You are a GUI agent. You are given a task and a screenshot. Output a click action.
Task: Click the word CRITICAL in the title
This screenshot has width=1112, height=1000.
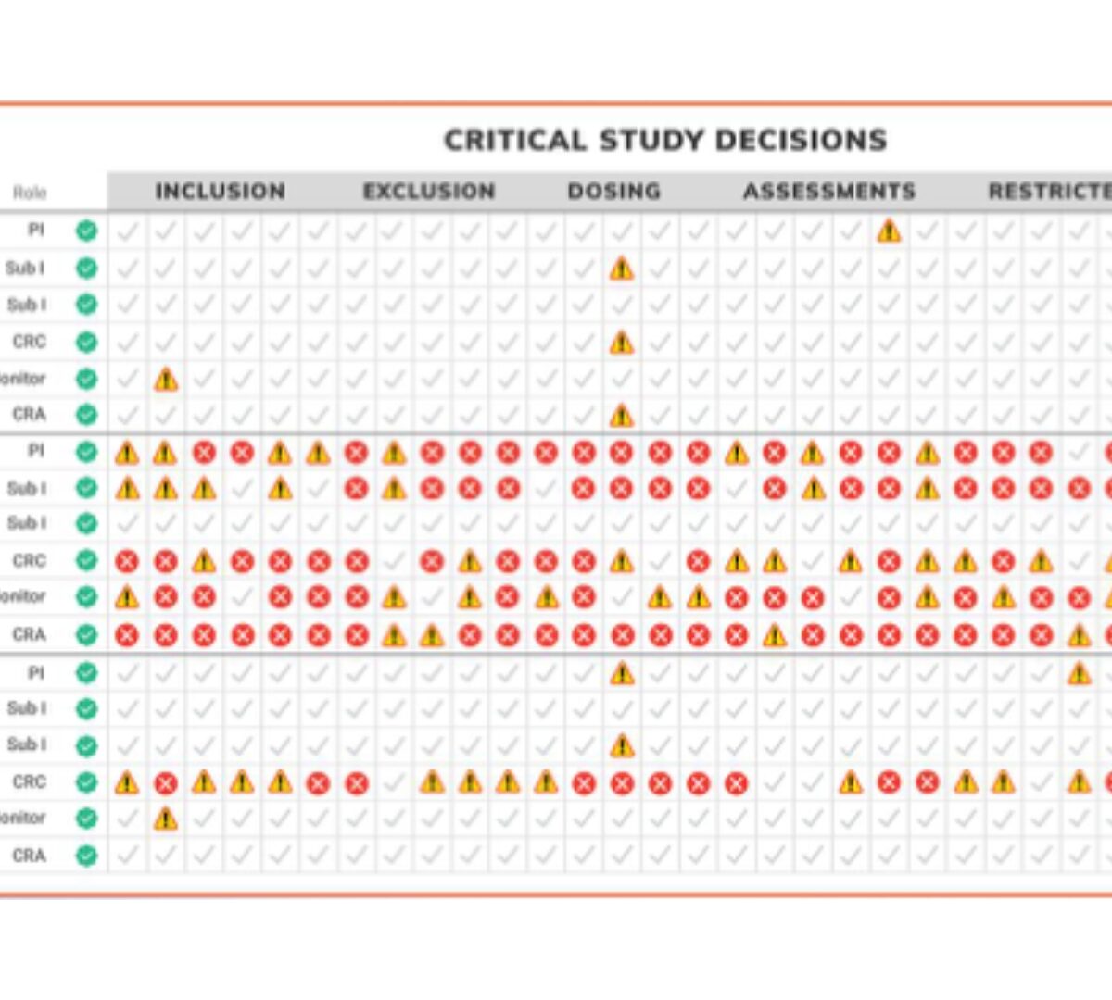point(515,141)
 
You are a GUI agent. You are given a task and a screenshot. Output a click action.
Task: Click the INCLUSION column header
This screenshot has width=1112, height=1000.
point(221,192)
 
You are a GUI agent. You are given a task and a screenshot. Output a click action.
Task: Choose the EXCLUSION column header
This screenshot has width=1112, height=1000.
point(429,192)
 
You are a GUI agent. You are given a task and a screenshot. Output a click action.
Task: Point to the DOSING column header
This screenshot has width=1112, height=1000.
point(614,192)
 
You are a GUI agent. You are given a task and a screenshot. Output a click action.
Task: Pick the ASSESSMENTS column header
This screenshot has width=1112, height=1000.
point(829,192)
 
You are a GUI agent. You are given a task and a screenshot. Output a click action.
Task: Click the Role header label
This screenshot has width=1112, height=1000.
point(30,193)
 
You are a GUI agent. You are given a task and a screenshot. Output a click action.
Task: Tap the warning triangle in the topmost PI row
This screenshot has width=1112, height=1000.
point(889,231)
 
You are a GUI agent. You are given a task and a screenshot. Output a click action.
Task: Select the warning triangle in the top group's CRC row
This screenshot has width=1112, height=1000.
point(622,343)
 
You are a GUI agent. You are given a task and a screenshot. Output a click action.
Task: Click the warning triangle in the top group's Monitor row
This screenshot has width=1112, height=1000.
point(166,379)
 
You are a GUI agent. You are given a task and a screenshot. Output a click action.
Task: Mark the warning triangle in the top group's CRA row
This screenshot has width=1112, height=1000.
point(622,416)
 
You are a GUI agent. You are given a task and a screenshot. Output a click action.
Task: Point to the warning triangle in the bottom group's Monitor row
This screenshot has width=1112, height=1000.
point(166,819)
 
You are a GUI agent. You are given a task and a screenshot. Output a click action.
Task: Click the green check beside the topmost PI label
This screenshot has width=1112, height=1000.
point(86,231)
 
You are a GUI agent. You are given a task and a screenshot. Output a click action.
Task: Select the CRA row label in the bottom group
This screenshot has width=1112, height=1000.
point(29,856)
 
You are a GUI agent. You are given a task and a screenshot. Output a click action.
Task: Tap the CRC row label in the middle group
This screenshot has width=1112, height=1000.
point(29,560)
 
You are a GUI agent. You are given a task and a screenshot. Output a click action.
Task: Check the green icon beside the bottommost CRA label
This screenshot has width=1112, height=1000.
point(86,856)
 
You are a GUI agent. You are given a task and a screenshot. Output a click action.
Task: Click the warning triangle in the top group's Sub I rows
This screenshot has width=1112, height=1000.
point(622,269)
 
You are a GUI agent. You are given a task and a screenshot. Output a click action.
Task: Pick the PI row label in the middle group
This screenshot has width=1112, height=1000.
point(35,451)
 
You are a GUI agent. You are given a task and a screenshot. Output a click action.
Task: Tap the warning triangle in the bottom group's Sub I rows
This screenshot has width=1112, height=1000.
point(622,745)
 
